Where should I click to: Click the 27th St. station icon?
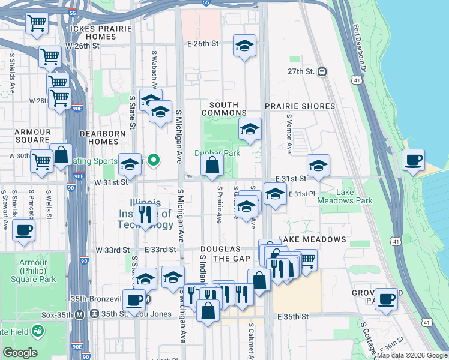[322, 71]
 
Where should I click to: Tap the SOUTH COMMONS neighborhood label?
[224, 109]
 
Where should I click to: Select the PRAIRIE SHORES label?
[300, 106]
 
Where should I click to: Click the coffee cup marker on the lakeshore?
[413, 160]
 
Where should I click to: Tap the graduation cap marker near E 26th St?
[244, 46]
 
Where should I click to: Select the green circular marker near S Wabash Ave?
[154, 160]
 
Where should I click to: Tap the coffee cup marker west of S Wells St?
[23, 230]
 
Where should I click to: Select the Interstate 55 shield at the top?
[206, 3]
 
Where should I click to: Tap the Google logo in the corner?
[20, 353]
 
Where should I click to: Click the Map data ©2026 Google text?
[412, 355]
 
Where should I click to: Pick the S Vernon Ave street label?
[289, 134]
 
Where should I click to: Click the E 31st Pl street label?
[303, 194]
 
